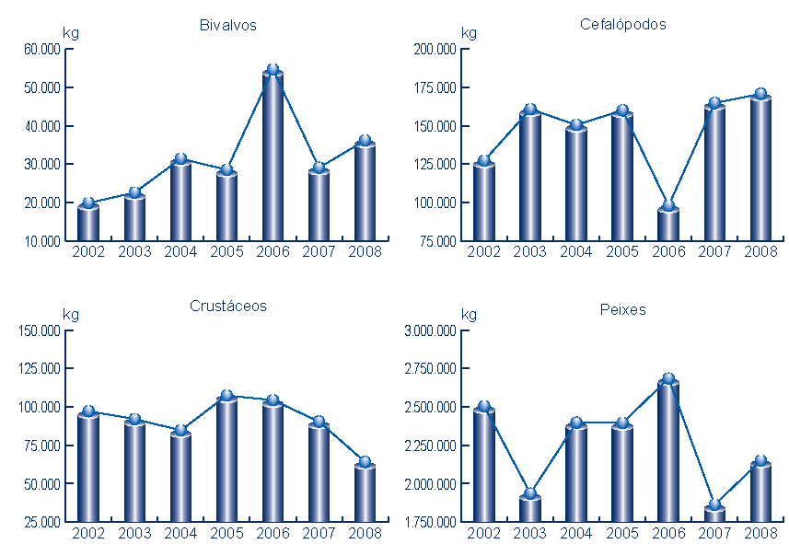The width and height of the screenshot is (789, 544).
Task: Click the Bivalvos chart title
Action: click(227, 26)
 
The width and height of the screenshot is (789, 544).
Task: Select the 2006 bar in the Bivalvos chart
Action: click(273, 156)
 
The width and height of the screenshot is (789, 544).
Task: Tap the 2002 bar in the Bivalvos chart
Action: click(88, 223)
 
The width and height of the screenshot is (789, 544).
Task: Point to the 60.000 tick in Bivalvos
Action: click(42, 49)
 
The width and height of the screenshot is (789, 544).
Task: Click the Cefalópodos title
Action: click(623, 25)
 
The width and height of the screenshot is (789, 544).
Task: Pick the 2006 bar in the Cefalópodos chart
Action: click(668, 225)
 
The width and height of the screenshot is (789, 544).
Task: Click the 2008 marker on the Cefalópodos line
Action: click(760, 95)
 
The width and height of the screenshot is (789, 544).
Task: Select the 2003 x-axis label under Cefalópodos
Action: click(530, 251)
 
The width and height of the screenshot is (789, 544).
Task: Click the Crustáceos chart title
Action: click(227, 307)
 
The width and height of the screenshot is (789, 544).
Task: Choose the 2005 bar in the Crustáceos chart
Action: click(226, 460)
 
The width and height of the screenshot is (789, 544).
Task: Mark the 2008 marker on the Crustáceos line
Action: click(365, 462)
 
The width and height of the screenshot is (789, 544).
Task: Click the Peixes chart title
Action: click(623, 310)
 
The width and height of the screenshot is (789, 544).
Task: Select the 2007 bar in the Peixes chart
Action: click(714, 514)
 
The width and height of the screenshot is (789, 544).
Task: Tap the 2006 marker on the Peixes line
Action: click(668, 379)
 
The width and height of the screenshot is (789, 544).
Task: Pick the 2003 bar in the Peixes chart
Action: click(530, 509)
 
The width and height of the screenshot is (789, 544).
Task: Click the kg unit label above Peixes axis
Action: click(469, 315)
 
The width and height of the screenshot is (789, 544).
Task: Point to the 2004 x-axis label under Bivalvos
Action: click(180, 251)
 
